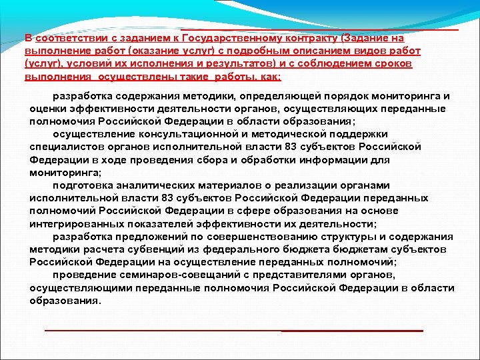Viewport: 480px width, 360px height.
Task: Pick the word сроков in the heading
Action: [395, 63]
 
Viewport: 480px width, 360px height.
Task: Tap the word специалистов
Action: [62, 146]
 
